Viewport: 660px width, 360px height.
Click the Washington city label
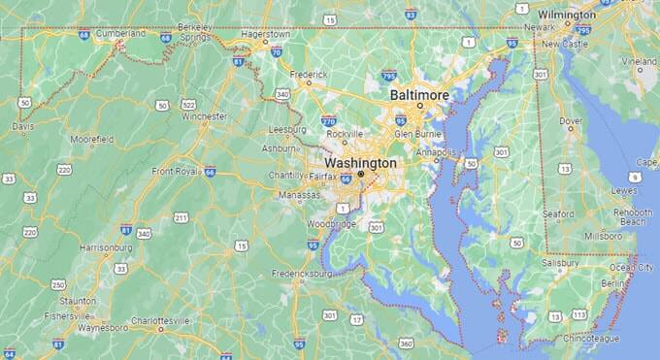click(361, 163)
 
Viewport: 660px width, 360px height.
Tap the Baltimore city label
click(419, 95)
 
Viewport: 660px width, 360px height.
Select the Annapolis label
click(437, 152)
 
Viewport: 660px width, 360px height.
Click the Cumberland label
click(120, 32)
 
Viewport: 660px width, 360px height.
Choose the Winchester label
click(204, 116)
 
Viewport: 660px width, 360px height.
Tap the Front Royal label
click(174, 171)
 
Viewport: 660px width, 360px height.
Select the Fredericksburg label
click(303, 273)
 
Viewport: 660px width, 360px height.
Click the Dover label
click(572, 121)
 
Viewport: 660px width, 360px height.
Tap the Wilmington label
click(567, 16)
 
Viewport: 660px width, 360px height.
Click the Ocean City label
click(630, 266)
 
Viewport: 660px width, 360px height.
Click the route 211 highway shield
click(181, 216)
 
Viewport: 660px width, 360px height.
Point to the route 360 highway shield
click(406, 344)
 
